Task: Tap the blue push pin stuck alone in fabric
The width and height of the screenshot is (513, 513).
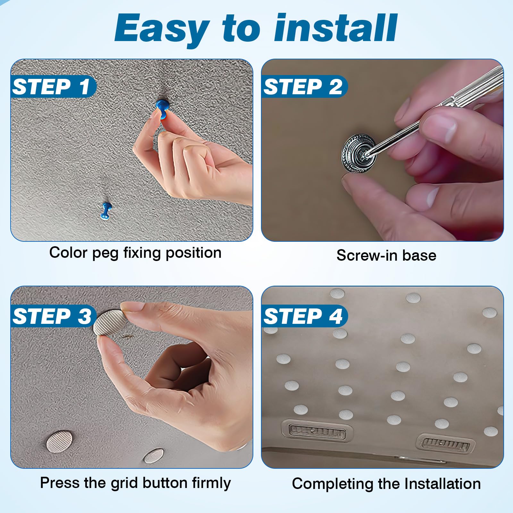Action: pyautogui.click(x=105, y=211)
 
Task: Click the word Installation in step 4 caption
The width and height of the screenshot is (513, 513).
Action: pyautogui.click(x=442, y=484)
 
